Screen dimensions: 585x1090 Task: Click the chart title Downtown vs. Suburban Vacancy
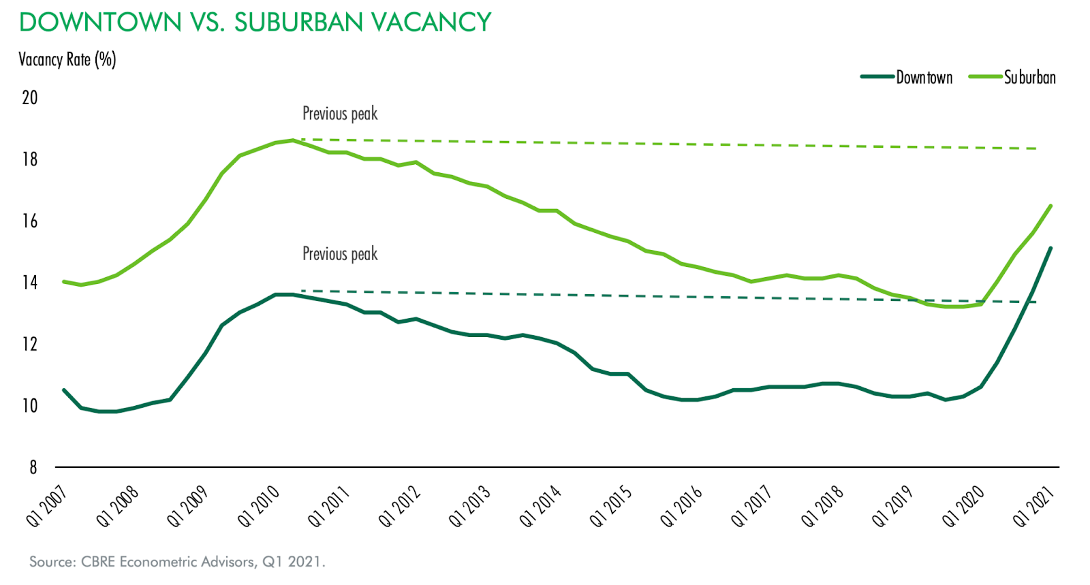(x=255, y=22)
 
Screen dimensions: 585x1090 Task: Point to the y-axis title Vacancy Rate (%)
(x=67, y=60)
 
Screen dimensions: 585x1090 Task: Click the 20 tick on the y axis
(x=30, y=97)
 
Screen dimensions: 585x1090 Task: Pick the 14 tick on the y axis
(x=30, y=282)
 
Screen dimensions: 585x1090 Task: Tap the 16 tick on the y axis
(x=30, y=221)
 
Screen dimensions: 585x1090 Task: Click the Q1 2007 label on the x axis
(x=46, y=506)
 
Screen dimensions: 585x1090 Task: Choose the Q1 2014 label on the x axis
(x=540, y=506)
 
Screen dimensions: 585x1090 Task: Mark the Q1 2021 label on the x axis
(x=1033, y=506)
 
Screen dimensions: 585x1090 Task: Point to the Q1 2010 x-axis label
(x=258, y=506)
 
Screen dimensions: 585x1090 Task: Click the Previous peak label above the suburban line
(x=340, y=114)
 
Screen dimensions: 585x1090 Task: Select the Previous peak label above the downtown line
(x=340, y=254)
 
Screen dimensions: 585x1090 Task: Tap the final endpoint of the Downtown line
(x=1050, y=248)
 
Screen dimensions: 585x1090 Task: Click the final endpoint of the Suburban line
(x=1050, y=206)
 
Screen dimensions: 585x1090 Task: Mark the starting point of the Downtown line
(x=64, y=390)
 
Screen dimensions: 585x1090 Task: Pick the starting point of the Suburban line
(x=64, y=281)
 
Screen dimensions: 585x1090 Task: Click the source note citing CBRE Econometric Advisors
(x=177, y=562)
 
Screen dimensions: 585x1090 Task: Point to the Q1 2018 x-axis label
(x=822, y=506)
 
